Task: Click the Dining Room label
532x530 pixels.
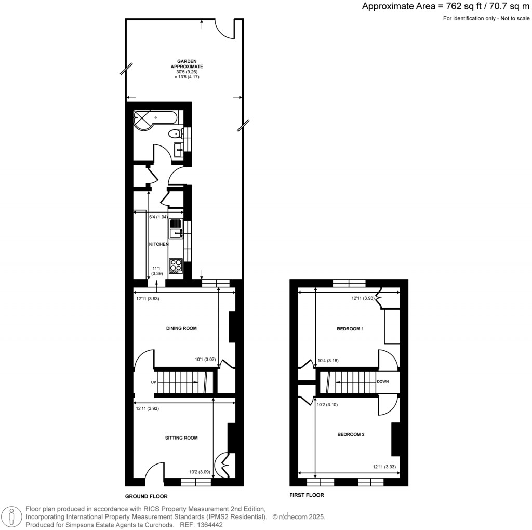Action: (x=181, y=328)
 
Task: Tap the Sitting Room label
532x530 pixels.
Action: (x=181, y=438)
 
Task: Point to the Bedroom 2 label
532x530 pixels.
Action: (x=350, y=434)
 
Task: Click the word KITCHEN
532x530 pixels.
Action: (x=159, y=244)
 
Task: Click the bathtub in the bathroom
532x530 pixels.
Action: (x=156, y=118)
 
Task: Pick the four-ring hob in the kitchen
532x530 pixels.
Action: (x=176, y=266)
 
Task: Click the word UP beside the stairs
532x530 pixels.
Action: (x=154, y=383)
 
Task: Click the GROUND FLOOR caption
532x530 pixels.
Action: (x=147, y=496)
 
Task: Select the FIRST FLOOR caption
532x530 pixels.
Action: (x=307, y=495)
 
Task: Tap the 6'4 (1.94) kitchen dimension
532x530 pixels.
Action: (x=158, y=217)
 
